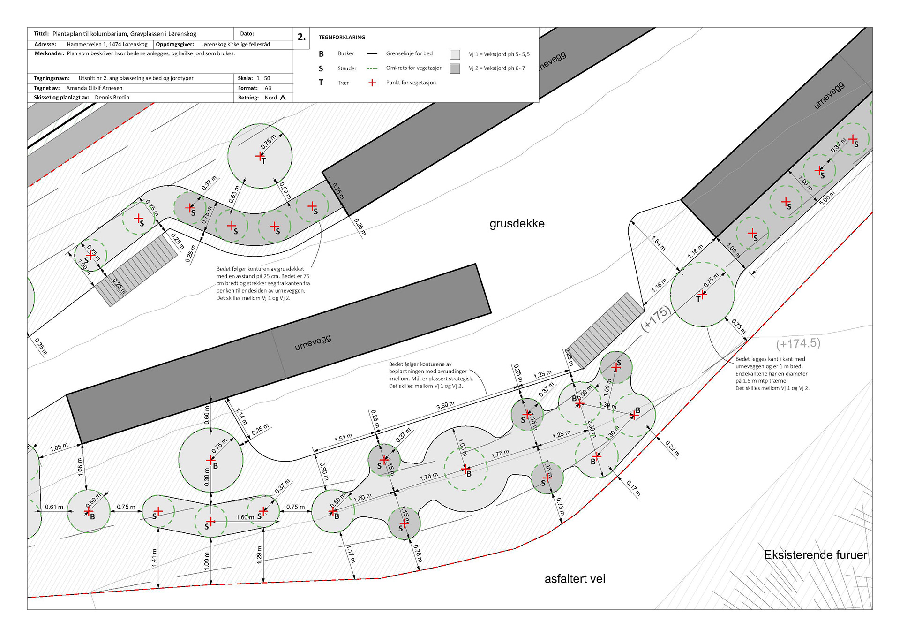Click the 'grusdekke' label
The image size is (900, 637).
pyautogui.click(x=517, y=224)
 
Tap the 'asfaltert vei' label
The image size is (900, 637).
pyautogui.click(x=575, y=579)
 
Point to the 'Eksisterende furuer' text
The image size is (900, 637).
pyautogui.click(x=815, y=555)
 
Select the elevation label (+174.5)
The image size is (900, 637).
pyautogui.click(x=798, y=343)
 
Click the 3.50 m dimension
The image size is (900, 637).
pyautogui.click(x=445, y=405)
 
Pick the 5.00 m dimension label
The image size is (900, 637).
pyautogui.click(x=827, y=198)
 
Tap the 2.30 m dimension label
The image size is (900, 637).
pyautogui.click(x=591, y=428)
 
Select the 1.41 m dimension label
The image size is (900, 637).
pyautogui.click(x=154, y=558)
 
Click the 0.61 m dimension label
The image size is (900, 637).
pyautogui.click(x=54, y=507)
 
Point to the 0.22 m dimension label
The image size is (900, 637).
pyautogui.click(x=672, y=449)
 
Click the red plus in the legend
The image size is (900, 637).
pyautogui.click(x=372, y=83)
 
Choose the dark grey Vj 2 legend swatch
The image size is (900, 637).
pyautogui.click(x=455, y=68)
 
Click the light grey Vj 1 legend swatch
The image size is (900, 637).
pyautogui.click(x=455, y=54)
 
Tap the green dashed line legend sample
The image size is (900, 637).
pyautogui.click(x=372, y=68)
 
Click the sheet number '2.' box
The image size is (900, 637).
pyautogui.click(x=301, y=37)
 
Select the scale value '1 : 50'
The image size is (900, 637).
pyautogui.click(x=263, y=78)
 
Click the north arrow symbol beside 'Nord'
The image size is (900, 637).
pyautogui.click(x=283, y=98)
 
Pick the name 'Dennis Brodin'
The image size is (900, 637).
pyautogui.click(x=112, y=98)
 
